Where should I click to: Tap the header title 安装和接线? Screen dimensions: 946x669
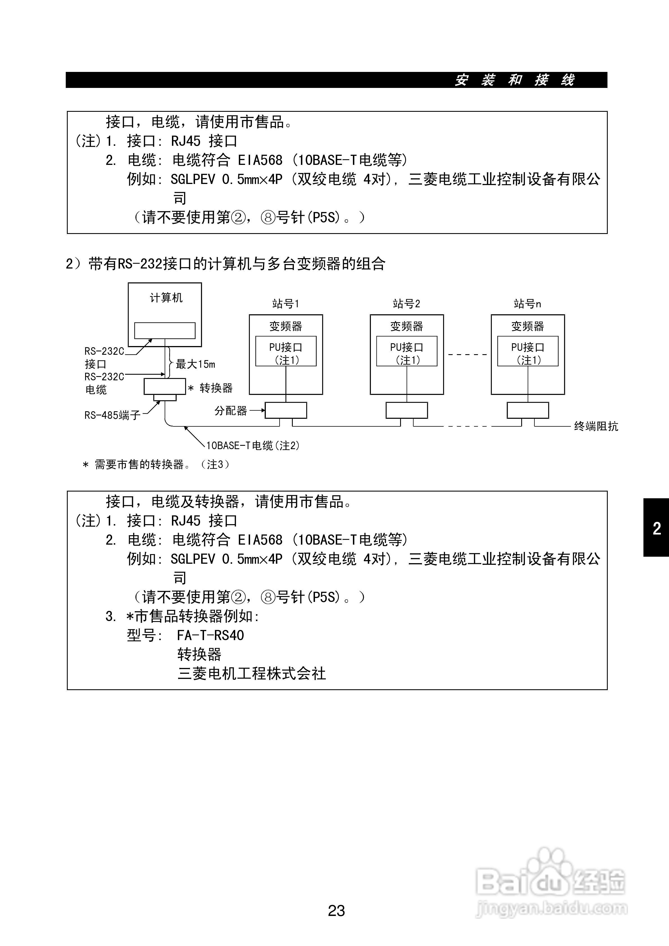pos(515,80)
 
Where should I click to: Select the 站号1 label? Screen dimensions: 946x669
pos(286,304)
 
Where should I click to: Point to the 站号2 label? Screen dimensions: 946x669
pos(406,304)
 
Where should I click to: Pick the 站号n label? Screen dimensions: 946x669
pos(527,304)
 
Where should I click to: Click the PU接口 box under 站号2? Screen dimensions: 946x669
pos(407,351)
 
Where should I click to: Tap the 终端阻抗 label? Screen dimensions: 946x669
pos(596,426)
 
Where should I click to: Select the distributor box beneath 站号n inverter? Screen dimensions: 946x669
pos(528,410)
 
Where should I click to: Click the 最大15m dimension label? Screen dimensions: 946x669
pos(195,364)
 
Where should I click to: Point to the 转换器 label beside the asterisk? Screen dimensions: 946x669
pos(216,388)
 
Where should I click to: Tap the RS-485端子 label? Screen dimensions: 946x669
pos(112,415)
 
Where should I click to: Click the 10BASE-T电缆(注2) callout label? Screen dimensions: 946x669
pos(253,445)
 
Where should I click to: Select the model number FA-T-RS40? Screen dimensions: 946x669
pos(210,635)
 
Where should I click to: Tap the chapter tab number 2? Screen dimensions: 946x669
pos(657,528)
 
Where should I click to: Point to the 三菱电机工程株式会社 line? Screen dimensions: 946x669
pos(251,674)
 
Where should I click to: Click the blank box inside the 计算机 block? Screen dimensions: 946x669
pos(165,330)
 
